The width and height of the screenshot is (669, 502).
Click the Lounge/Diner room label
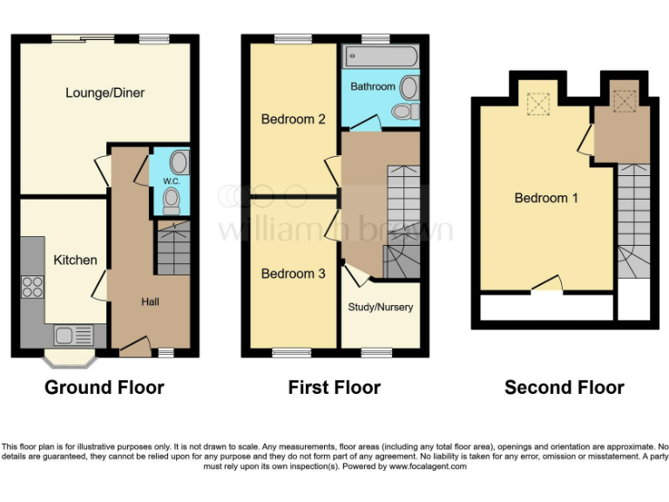(105, 93)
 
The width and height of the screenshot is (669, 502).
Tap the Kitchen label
(76, 260)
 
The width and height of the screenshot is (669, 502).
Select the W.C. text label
(170, 181)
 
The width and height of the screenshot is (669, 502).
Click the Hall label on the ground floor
(150, 302)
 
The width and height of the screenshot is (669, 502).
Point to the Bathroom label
(373, 87)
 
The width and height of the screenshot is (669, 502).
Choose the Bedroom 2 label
(294, 119)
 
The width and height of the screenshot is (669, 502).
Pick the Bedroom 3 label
(294, 274)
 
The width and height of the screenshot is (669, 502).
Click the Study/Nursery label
(381, 307)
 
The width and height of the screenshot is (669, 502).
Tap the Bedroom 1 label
(546, 198)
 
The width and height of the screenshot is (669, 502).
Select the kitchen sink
(68, 334)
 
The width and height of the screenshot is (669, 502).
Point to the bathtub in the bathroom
(382, 58)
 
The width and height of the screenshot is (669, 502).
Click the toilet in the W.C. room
(172, 203)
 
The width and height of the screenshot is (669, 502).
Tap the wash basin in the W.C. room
(179, 161)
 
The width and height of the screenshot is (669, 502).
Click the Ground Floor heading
(105, 387)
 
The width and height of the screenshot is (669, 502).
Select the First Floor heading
(334, 387)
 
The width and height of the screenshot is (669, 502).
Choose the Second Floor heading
(564, 387)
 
